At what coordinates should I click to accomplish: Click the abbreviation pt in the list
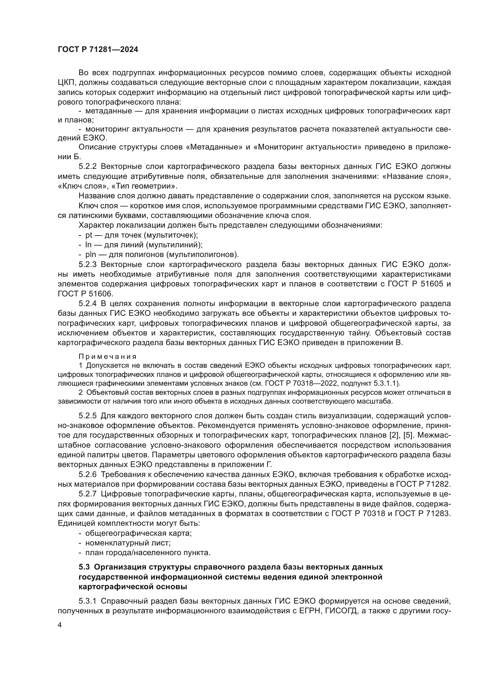(89, 235)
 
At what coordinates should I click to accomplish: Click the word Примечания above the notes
(108, 357)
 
